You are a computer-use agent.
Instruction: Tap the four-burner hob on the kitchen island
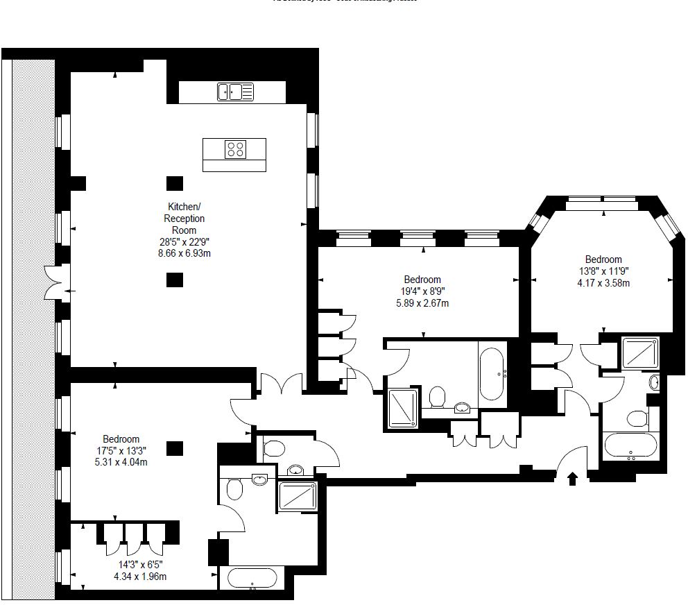[x=235, y=148]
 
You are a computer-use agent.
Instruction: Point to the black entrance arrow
[x=573, y=478]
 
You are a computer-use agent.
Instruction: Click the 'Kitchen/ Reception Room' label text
[x=184, y=218]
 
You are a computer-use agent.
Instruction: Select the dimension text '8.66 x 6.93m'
[x=184, y=253]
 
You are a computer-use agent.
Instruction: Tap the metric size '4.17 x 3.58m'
[x=603, y=282]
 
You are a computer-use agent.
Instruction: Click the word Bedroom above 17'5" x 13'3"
[x=121, y=438]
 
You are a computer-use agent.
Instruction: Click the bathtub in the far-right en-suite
[x=630, y=446]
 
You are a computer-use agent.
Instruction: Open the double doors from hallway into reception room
[x=281, y=384]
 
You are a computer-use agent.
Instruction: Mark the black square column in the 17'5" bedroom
[x=175, y=448]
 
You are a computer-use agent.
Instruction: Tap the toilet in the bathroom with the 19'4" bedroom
[x=437, y=397]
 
